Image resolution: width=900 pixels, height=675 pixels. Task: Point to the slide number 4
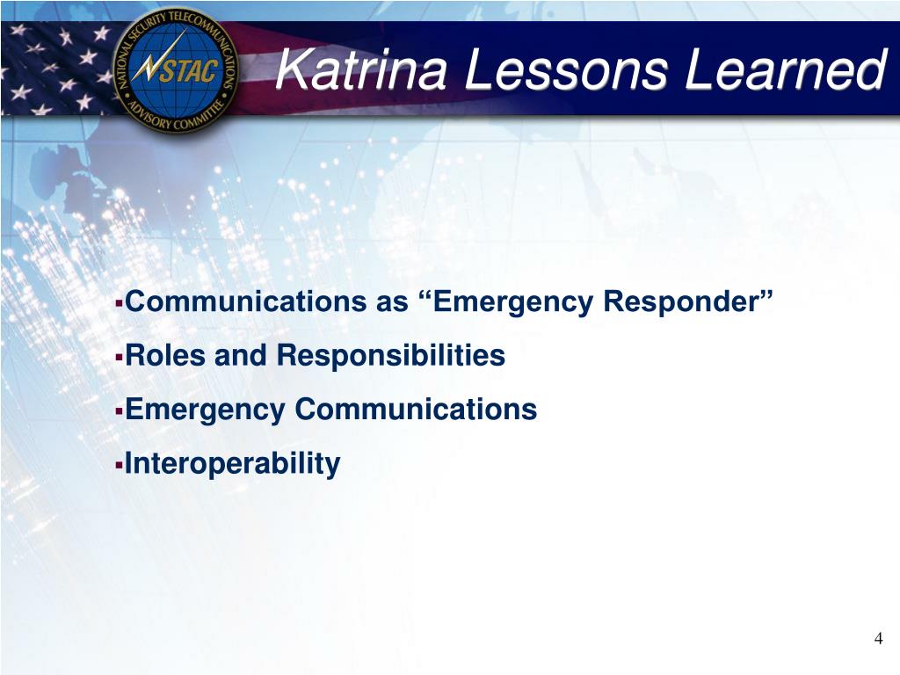878,639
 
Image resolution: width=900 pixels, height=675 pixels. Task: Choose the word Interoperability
232,463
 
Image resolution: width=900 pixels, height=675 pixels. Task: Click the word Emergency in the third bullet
206,410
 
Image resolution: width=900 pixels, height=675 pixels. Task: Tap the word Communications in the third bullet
416,410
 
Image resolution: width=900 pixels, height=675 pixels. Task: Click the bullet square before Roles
119,355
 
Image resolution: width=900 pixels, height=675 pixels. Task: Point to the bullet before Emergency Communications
119,409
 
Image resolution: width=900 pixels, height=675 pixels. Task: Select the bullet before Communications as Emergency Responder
119,301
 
